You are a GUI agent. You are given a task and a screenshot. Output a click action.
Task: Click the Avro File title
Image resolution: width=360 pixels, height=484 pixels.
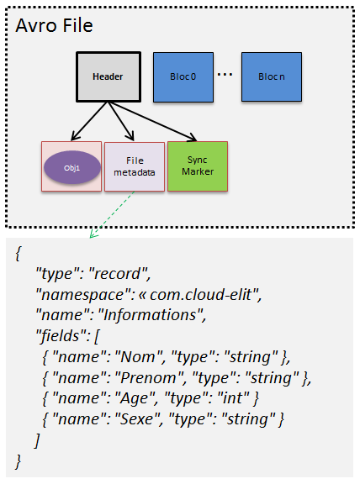54,25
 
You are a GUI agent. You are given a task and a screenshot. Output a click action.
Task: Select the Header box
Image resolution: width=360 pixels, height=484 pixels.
108,76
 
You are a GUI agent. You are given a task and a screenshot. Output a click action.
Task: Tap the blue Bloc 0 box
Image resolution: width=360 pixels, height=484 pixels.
183,76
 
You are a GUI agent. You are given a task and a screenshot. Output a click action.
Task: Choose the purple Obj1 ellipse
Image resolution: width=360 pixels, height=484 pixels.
71,166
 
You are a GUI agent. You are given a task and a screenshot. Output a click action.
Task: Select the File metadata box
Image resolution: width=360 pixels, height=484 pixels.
134,166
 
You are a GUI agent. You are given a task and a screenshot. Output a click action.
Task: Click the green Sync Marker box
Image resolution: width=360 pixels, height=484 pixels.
198,166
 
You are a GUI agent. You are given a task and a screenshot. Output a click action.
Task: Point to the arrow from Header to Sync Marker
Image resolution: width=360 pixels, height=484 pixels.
156,122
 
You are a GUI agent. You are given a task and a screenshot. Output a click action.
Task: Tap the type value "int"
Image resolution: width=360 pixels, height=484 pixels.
228,397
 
